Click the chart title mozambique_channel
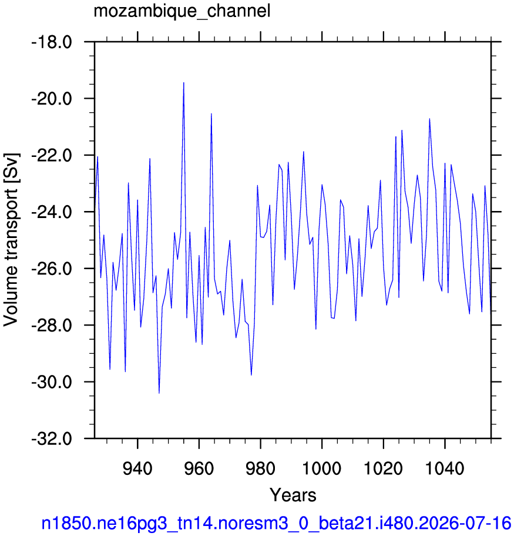(x=182, y=11)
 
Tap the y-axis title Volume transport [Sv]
(x=11, y=240)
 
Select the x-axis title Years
(x=293, y=495)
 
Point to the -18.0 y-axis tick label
(x=52, y=42)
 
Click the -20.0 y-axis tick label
(x=52, y=99)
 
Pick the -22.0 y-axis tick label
(x=52, y=156)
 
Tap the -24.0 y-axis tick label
(x=52, y=213)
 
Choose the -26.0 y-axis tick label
(x=52, y=269)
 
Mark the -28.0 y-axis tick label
(x=52, y=326)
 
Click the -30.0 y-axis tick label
(x=52, y=383)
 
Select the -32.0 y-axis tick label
(x=52, y=439)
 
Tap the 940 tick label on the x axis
(x=137, y=468)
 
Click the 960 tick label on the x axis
(x=199, y=468)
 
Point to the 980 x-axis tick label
(x=260, y=468)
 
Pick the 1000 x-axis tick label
(x=322, y=468)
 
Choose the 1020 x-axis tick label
(x=384, y=468)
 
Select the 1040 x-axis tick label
(x=445, y=468)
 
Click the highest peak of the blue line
(x=183, y=83)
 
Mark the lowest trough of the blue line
(x=159, y=393)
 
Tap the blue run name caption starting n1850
(x=276, y=524)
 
